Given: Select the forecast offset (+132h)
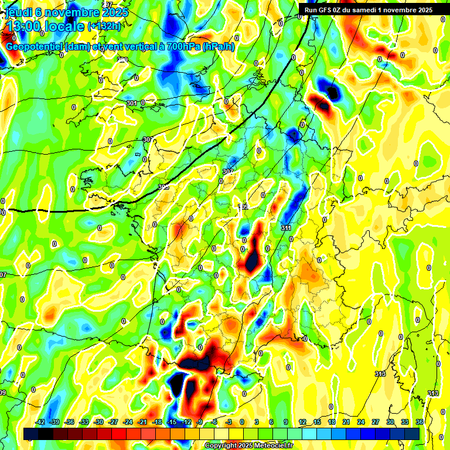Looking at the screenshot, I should (x=104, y=26).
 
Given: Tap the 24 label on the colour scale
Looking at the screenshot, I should (x=361, y=422).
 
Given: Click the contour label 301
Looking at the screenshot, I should (x=132, y=103).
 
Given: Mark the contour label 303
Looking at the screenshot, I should (x=148, y=139).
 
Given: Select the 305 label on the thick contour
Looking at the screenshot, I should (x=163, y=187).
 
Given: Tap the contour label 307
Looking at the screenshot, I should (x=228, y=172).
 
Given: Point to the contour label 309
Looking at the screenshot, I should (x=243, y=207).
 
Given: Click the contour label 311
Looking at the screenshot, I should (x=286, y=228).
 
